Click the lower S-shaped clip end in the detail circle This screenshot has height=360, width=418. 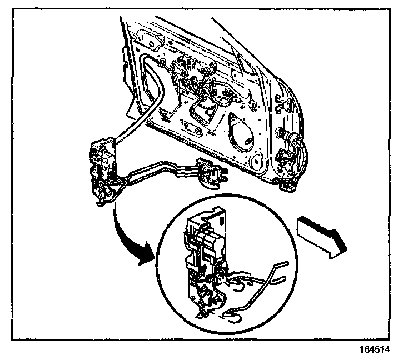pyautogui.click(x=231, y=317)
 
